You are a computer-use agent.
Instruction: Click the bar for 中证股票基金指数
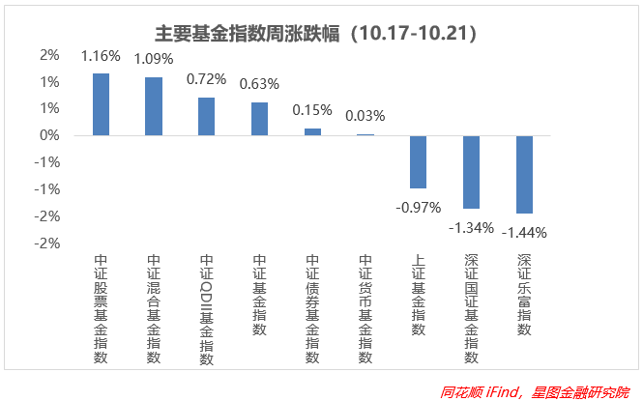pyautogui.click(x=101, y=104)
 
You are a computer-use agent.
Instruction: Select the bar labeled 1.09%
pyautogui.click(x=154, y=106)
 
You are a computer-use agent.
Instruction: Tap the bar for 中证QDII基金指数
pyautogui.click(x=206, y=116)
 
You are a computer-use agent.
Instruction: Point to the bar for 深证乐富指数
pyautogui.click(x=524, y=174)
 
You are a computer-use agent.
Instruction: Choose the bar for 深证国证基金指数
pyautogui.click(x=471, y=172)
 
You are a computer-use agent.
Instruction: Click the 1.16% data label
pyautogui.click(x=101, y=56)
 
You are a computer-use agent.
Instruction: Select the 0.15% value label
pyautogui.click(x=312, y=109)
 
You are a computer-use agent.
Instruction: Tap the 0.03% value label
pyautogui.click(x=365, y=116)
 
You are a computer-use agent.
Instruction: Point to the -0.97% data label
pyautogui.click(x=418, y=207)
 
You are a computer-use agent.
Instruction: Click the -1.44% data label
pyautogui.click(x=524, y=233)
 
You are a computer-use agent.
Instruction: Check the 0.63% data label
pyautogui.click(x=259, y=84)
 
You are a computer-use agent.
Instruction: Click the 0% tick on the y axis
pyautogui.click(x=49, y=135)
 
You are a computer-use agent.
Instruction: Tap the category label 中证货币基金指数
pyautogui.click(x=365, y=309)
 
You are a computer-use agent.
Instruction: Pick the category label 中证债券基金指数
pyautogui.click(x=312, y=309)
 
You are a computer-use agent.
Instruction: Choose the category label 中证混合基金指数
pyautogui.click(x=154, y=309)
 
